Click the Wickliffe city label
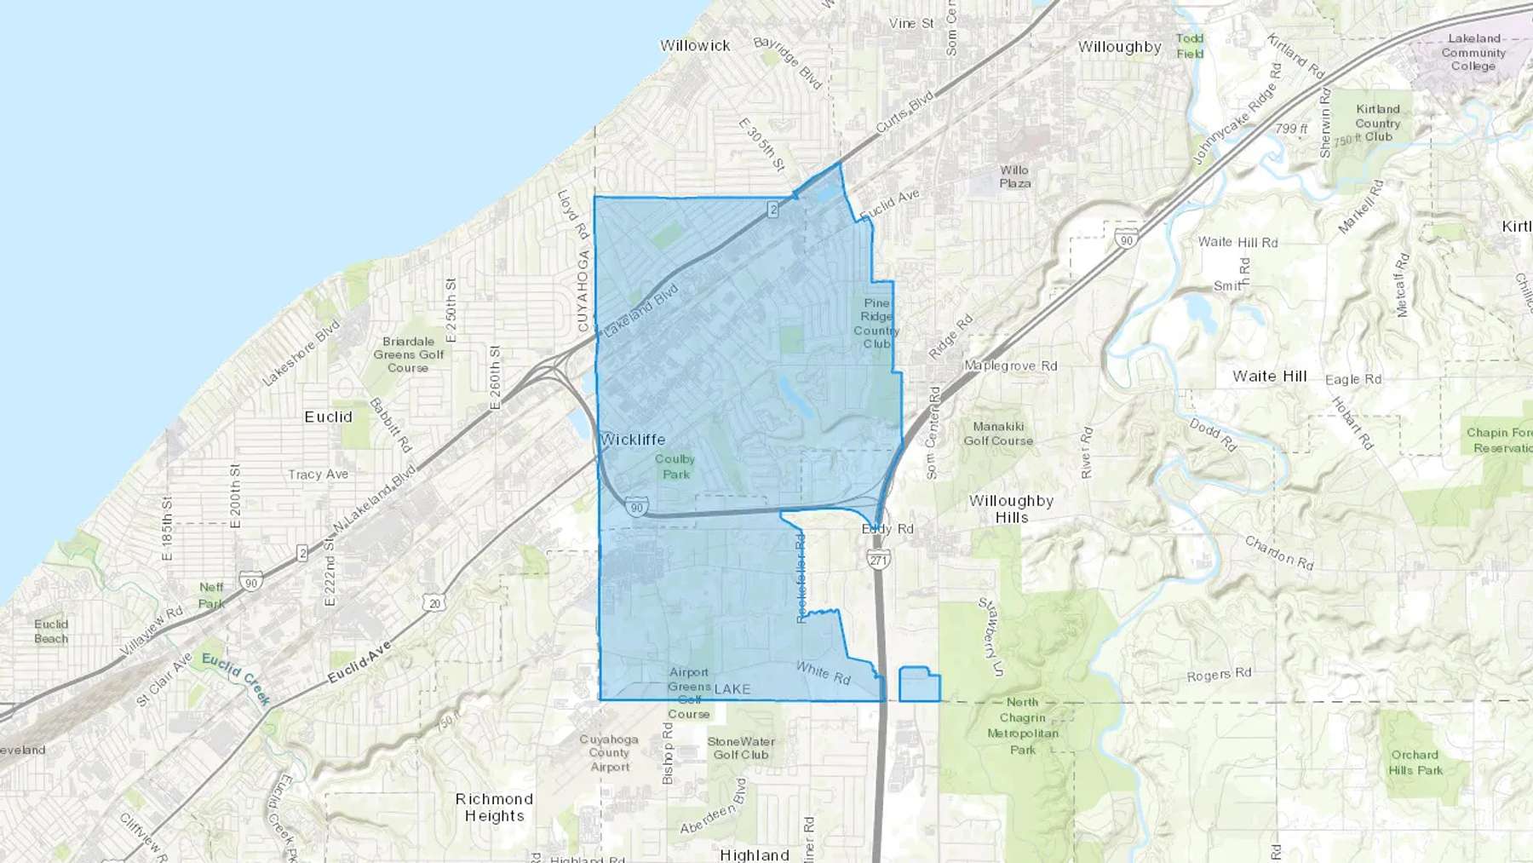[x=633, y=440]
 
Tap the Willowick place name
[x=695, y=46]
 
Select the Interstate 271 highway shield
[x=878, y=559]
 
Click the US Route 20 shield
[x=434, y=603]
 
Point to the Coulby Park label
[x=675, y=467]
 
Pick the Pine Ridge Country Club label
[x=876, y=324]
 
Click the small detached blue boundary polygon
[x=919, y=685]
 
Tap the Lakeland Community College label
[x=1473, y=52]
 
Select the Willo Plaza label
[x=1014, y=176]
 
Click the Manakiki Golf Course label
[x=998, y=434]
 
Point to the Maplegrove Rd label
[x=1010, y=366]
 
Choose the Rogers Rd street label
[x=1219, y=675]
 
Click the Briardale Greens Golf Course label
[x=408, y=354]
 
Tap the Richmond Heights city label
[x=494, y=807]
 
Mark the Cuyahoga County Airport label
[x=609, y=753]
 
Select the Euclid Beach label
[x=51, y=631]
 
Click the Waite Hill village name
[x=1269, y=377]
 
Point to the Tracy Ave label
[x=318, y=475]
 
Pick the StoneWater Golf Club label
[x=741, y=748]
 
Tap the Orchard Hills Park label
[x=1415, y=762]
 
